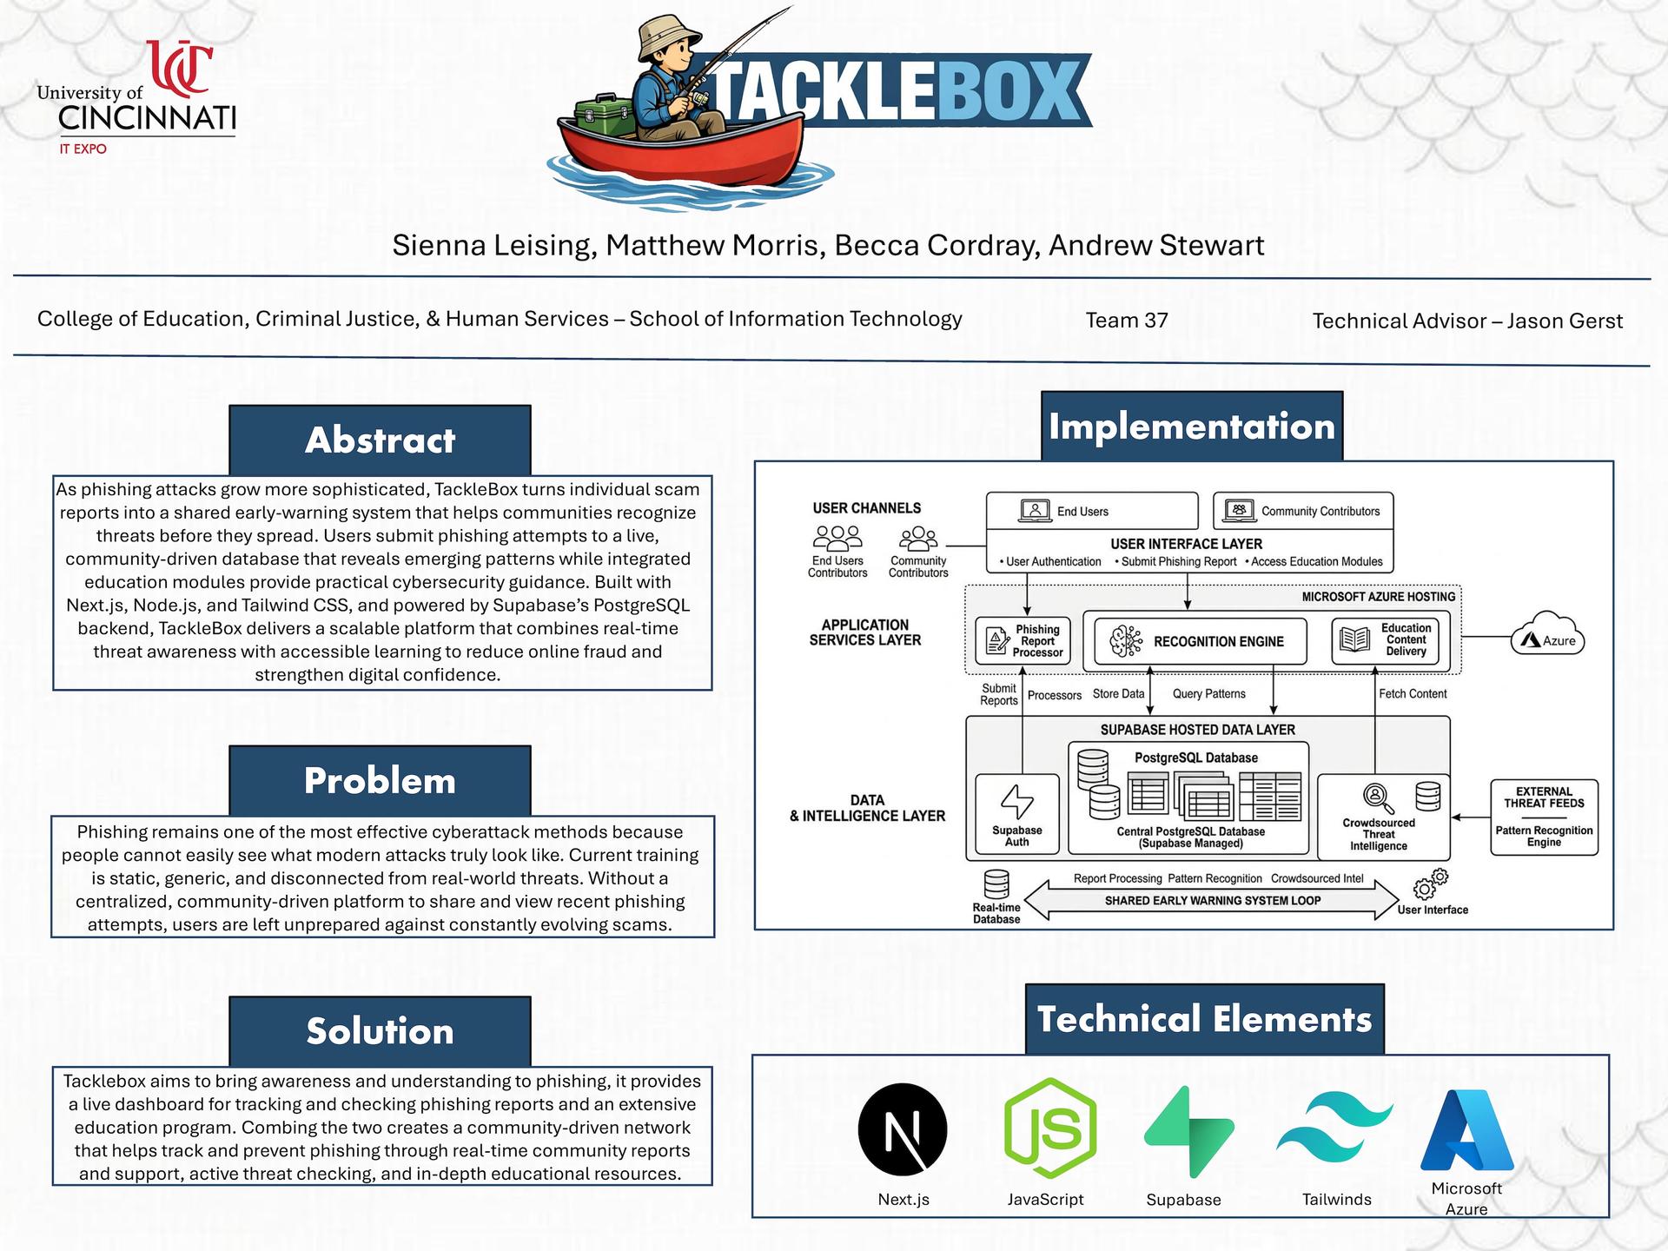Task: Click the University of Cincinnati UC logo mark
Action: point(181,67)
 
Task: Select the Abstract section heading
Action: point(380,440)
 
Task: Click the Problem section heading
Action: point(380,780)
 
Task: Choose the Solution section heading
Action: point(380,1031)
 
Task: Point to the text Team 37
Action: point(1126,321)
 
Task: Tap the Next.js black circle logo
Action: point(903,1129)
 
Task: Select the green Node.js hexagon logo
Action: point(1049,1129)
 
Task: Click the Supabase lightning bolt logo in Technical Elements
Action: point(1188,1131)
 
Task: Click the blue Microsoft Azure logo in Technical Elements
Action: point(1466,1129)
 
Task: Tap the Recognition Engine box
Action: point(1199,641)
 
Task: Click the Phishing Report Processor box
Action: point(1023,641)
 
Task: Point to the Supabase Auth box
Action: point(1016,815)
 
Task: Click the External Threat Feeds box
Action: point(1544,817)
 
